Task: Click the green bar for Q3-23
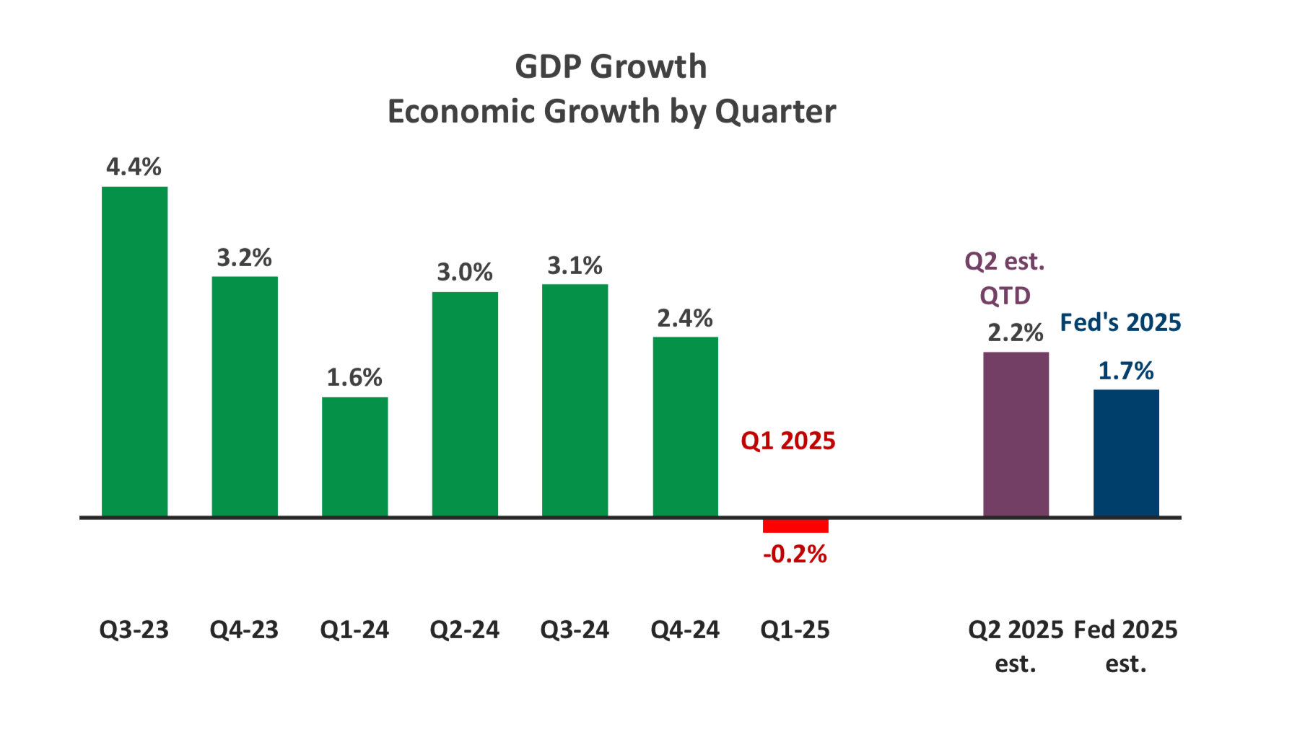tap(134, 351)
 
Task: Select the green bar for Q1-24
tap(354, 456)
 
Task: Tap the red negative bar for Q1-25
tap(795, 526)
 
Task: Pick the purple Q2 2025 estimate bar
tap(1016, 434)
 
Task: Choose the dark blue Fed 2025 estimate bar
tap(1126, 453)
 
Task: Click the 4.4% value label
tap(134, 167)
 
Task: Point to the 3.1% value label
tap(575, 266)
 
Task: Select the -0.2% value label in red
tap(795, 554)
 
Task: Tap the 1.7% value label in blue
tap(1125, 371)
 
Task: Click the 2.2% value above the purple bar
tap(1015, 333)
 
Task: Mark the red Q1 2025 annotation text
tap(787, 441)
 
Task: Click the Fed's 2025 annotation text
tap(1120, 322)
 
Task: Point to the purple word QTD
tap(1005, 296)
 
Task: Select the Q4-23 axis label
tap(244, 630)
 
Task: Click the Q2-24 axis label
tap(464, 630)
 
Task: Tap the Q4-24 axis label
tap(685, 630)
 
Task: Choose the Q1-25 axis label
tap(795, 630)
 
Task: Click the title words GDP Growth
tap(611, 67)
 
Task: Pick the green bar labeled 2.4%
tap(685, 426)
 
